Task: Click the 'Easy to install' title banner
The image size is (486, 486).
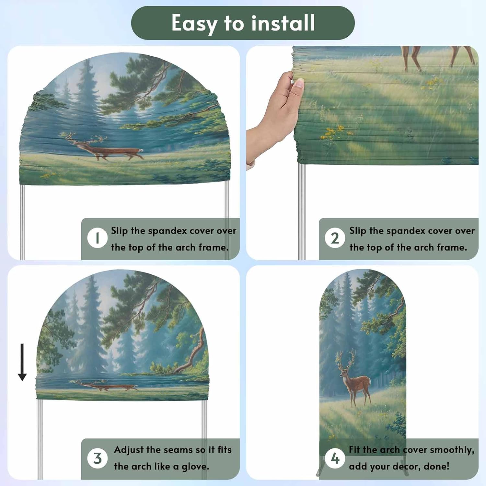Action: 243,23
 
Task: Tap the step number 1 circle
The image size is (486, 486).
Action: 97,238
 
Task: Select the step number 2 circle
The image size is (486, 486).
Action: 335,238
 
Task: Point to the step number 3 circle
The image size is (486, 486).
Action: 97,458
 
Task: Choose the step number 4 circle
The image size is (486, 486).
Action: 335,458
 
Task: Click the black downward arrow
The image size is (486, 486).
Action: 22,362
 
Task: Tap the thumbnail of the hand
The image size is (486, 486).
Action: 299,84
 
